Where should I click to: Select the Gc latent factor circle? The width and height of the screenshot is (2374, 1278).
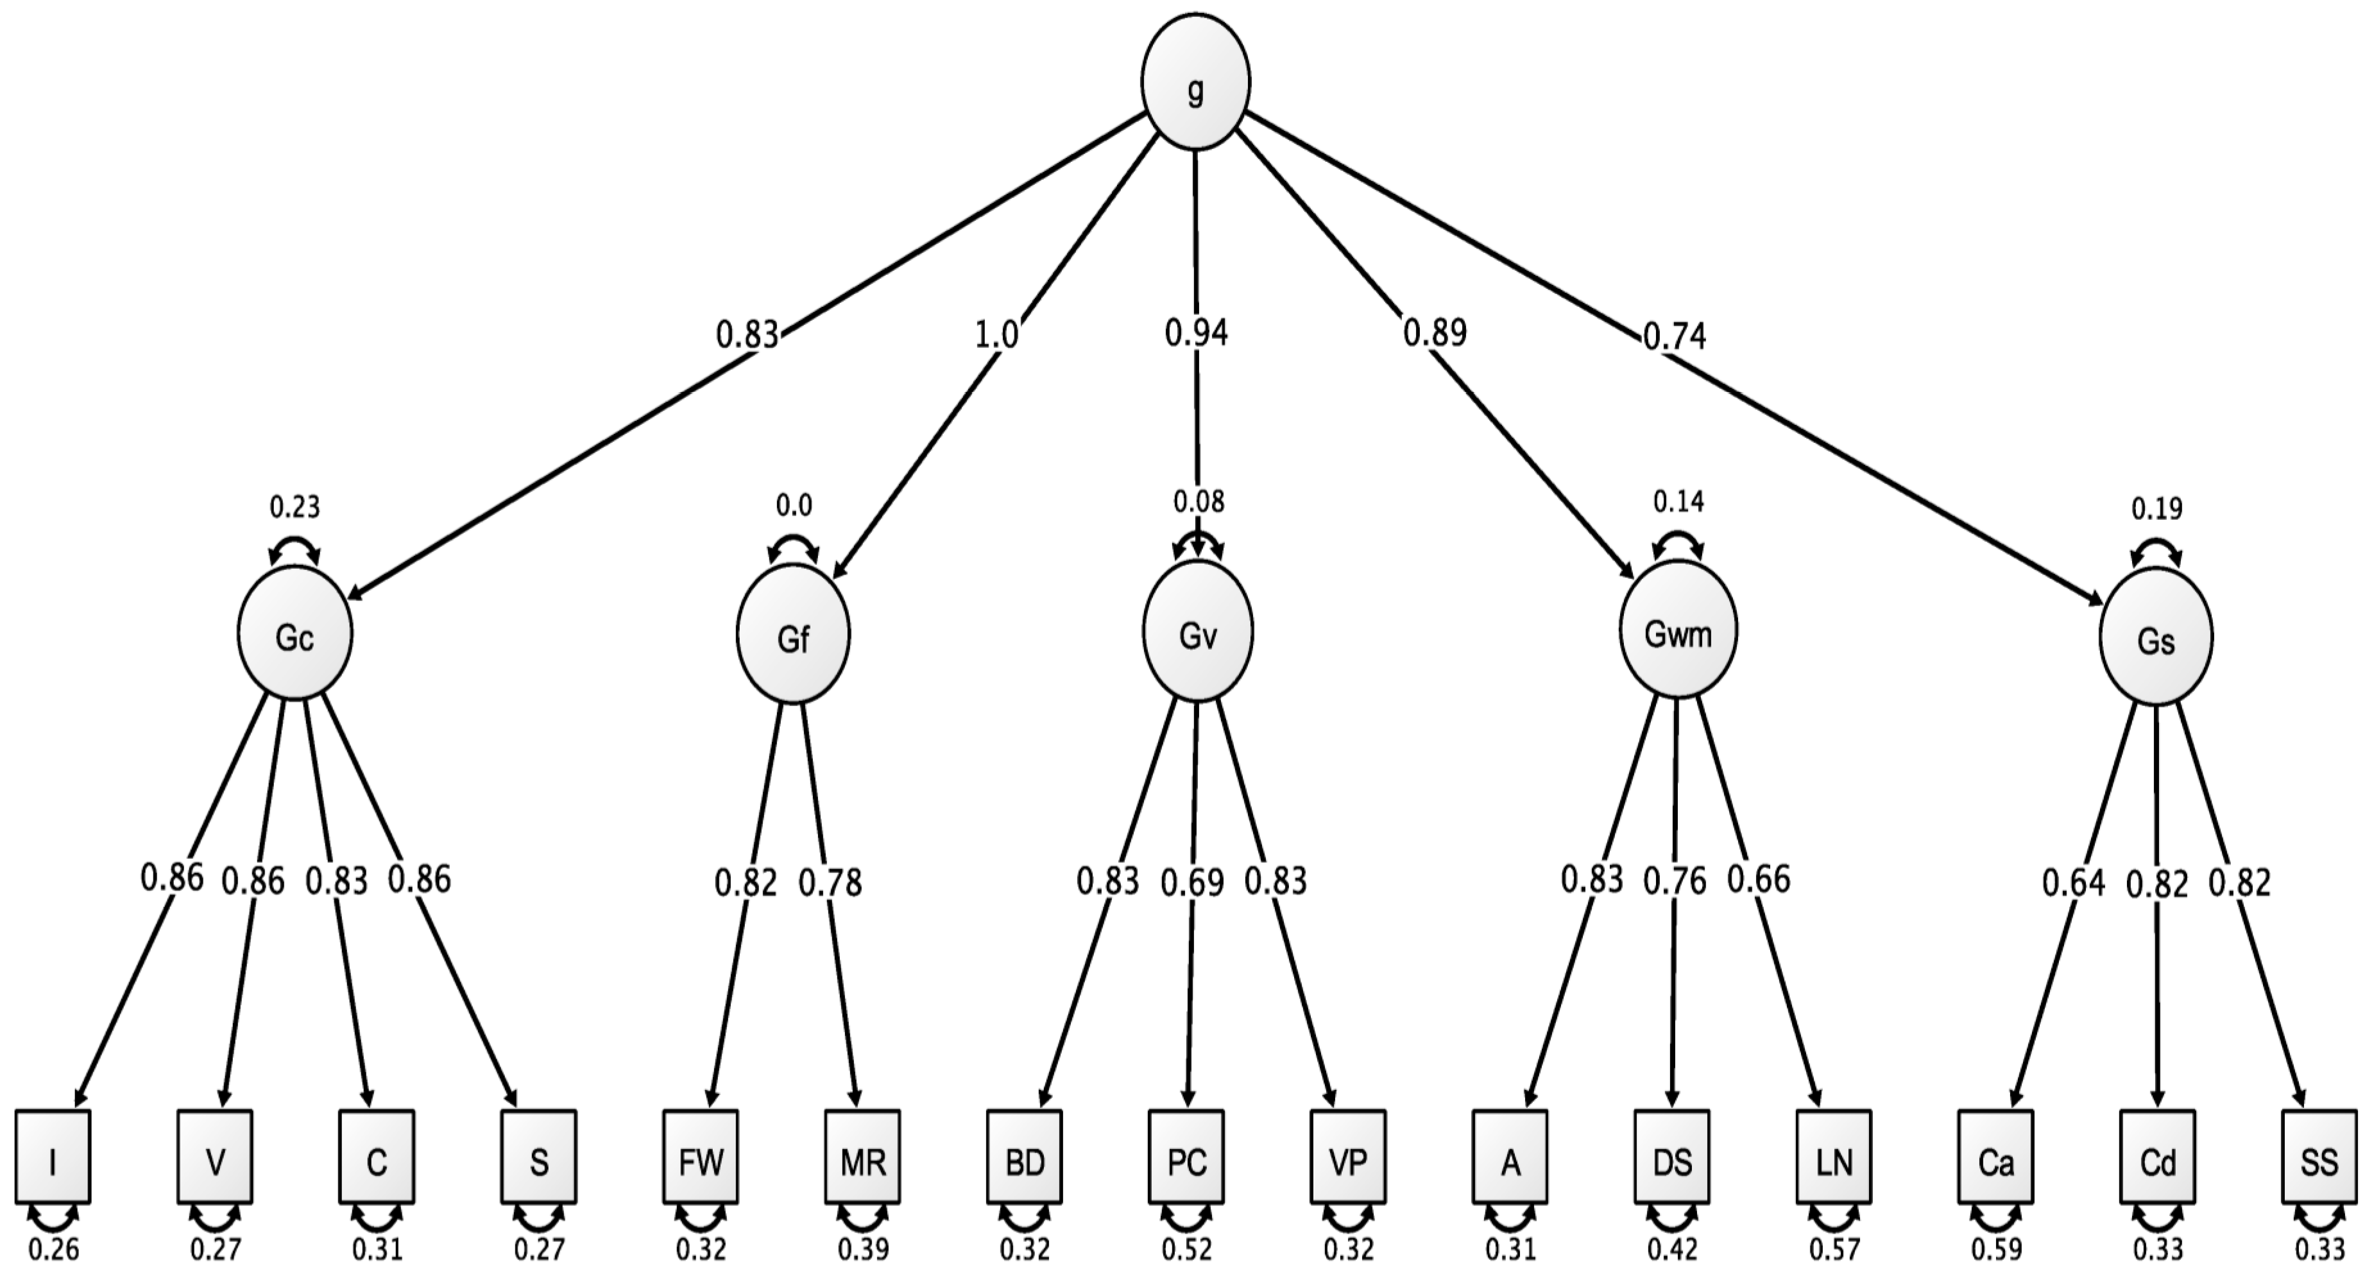point(295,636)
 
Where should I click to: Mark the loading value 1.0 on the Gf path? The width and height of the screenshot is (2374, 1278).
point(997,334)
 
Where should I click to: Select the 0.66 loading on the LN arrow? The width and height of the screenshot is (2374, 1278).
point(1759,879)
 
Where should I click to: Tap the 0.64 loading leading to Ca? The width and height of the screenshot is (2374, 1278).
point(2074,883)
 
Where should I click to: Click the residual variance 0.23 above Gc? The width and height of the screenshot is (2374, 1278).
point(295,507)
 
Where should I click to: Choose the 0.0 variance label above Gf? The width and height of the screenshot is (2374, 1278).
point(794,505)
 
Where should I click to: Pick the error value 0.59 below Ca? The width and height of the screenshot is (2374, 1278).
point(1996,1250)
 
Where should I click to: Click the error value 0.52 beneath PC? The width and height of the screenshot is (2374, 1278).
point(1187,1250)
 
